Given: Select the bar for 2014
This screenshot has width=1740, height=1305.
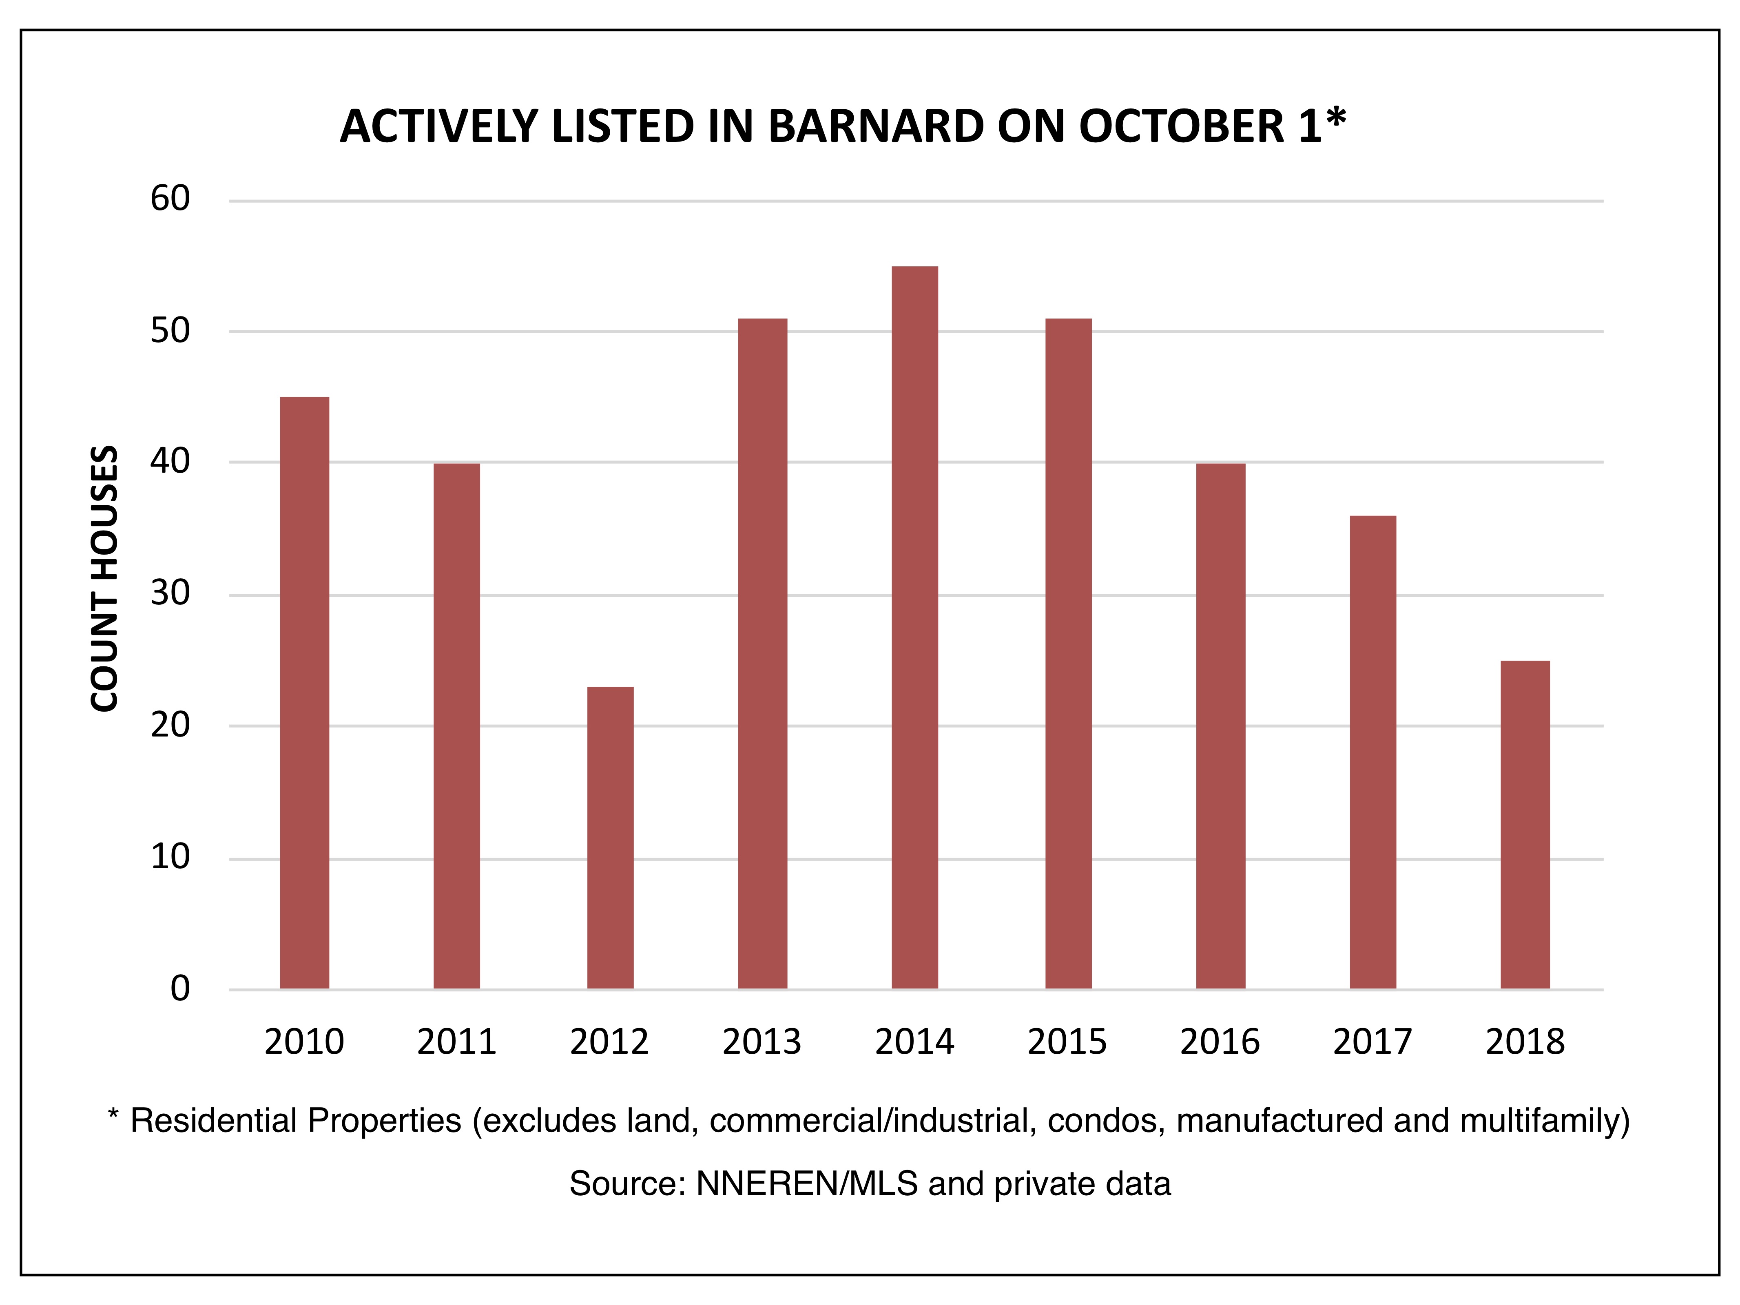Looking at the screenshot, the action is click(915, 628).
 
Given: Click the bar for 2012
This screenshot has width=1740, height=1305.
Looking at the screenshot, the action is click(611, 838).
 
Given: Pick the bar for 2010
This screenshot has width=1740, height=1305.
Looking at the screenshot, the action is click(304, 693).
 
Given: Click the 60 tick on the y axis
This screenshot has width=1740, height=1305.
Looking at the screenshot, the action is click(170, 199).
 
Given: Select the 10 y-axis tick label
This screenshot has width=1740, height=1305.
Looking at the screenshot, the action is click(170, 857).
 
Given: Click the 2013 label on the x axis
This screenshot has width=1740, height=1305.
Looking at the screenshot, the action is click(762, 1042).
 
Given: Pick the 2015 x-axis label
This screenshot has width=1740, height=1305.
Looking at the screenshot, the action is click(1067, 1042).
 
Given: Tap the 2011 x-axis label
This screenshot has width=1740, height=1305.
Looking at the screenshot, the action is click(457, 1042).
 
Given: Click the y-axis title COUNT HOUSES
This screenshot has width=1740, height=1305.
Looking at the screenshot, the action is click(104, 579).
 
